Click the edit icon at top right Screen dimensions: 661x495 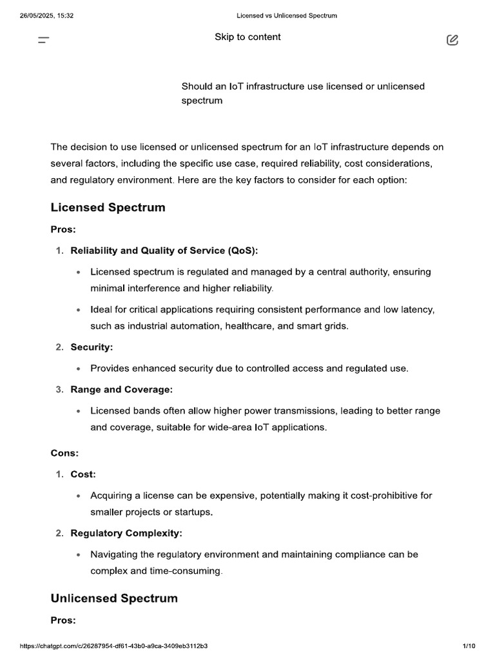point(452,41)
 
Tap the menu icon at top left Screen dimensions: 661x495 point(44,41)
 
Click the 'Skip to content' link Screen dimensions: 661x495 point(247,37)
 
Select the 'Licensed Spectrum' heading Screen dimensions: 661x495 point(108,207)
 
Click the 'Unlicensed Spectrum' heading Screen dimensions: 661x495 point(114,598)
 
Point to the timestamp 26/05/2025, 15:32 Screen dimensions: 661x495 point(46,15)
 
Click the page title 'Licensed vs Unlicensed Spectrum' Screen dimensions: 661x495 point(287,15)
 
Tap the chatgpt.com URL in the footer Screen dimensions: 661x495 point(113,646)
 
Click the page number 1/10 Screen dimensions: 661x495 point(469,646)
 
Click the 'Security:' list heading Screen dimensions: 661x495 point(92,347)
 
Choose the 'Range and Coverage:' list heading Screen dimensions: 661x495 point(121,390)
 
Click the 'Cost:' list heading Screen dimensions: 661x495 point(83,474)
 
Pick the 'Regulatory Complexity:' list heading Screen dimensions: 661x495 point(126,533)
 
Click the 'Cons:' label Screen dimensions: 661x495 point(64,453)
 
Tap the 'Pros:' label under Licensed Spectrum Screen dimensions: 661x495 point(63,229)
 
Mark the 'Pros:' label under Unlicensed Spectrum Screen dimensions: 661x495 point(63,620)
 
